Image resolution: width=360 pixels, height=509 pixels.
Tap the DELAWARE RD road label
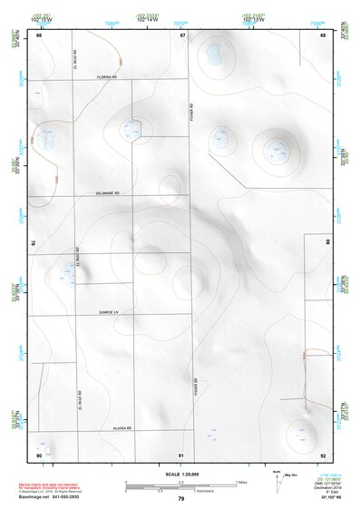tap(108, 193)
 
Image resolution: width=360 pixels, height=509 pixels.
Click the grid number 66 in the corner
tap(39, 35)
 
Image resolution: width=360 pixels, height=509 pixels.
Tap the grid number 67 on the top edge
tap(181, 35)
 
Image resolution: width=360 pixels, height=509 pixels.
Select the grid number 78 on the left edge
tap(34, 243)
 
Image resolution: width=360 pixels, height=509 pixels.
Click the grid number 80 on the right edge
tap(327, 243)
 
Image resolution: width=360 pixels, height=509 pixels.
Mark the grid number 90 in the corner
tap(39, 454)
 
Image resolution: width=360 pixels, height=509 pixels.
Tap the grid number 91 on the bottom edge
tap(181, 454)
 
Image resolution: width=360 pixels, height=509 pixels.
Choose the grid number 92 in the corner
tap(322, 454)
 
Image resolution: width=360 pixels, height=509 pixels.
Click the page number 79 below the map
tap(181, 498)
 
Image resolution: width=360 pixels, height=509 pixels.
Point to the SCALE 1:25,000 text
tap(180, 474)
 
